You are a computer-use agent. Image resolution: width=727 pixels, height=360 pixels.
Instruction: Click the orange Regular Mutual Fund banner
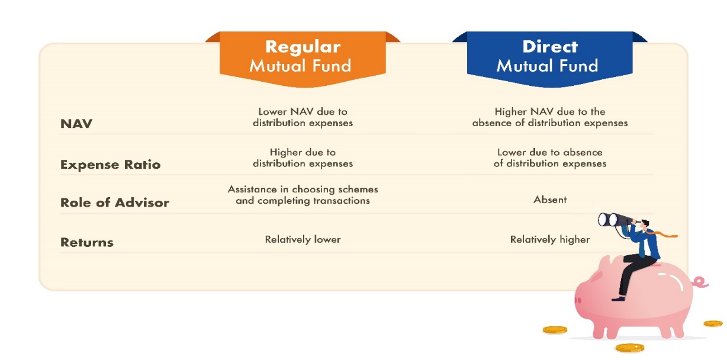point(303,59)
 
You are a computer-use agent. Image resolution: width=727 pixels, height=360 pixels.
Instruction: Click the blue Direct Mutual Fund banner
point(550,59)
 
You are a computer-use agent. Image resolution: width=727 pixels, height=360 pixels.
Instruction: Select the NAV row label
point(76,124)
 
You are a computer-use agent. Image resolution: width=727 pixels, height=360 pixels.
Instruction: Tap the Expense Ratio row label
point(110,165)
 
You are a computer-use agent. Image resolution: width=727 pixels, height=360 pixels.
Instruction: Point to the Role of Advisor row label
point(115,202)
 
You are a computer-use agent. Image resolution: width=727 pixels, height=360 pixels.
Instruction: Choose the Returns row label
point(86,243)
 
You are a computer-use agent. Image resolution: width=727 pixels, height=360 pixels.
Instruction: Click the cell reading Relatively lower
point(303,240)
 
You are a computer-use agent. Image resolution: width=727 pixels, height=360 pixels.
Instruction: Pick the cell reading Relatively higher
point(550,240)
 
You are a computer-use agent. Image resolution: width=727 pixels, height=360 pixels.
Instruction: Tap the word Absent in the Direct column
point(550,200)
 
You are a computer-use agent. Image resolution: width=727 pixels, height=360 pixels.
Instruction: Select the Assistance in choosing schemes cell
point(303,195)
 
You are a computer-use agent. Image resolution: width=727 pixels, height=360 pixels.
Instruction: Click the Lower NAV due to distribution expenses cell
point(303,117)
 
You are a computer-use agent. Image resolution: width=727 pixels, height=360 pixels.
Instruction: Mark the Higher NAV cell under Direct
point(550,117)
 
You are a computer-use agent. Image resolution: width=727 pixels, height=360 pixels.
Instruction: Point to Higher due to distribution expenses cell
point(303,157)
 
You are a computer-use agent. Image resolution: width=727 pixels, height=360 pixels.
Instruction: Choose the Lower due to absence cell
point(550,157)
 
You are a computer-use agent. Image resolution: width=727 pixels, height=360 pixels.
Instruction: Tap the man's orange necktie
point(662,234)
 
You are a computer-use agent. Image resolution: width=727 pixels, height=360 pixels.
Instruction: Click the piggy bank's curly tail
point(700,282)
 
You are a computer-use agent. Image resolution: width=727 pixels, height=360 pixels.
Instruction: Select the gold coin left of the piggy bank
point(555,330)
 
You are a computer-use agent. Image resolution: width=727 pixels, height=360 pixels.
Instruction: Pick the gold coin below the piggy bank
point(630,348)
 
